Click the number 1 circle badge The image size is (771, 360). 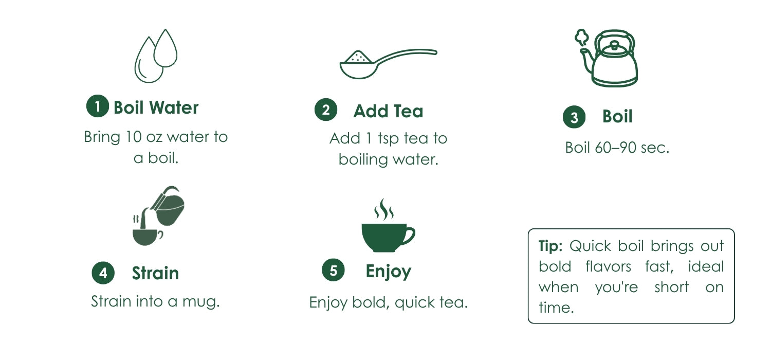(98, 106)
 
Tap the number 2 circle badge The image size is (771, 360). (325, 110)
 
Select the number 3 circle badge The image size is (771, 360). (574, 117)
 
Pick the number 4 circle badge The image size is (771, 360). (103, 273)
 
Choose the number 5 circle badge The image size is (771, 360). (333, 270)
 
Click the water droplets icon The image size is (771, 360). (156, 56)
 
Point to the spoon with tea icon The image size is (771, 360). (388, 64)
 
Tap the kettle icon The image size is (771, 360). (607, 58)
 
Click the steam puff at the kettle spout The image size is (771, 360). (581, 38)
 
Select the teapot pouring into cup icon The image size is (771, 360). (158, 216)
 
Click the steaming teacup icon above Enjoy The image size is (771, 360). (388, 225)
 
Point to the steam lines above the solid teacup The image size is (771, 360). (384, 209)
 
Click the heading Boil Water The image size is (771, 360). (156, 107)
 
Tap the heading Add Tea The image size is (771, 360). (388, 111)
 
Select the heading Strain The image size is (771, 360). (155, 273)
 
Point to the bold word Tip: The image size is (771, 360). (550, 246)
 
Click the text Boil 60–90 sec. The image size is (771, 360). (617, 148)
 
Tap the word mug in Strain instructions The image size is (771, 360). (200, 302)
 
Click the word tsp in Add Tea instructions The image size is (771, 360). (388, 138)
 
